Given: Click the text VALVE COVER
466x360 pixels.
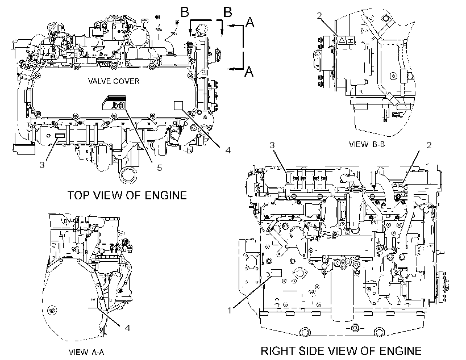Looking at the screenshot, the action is point(114,81).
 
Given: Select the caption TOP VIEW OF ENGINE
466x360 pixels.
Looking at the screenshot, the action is point(127,195).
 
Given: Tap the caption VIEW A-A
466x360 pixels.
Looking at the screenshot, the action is point(86,352).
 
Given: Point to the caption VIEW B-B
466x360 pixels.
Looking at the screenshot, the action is point(367,144).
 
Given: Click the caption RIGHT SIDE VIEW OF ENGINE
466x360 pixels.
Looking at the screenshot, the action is point(341,351).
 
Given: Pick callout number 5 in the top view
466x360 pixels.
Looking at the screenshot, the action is point(160,168).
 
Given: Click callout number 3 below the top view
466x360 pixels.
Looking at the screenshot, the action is point(42,165).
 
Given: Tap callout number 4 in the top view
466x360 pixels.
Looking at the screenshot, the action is point(228,150).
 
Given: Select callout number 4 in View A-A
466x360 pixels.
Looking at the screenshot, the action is point(127,328).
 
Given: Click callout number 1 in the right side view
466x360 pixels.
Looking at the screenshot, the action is point(230,311).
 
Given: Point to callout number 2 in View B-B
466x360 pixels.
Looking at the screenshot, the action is point(319,15).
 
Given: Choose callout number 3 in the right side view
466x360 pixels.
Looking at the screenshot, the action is point(272,145).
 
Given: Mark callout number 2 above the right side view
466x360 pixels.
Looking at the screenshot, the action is point(429,145).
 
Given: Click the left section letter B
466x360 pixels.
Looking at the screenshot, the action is point(185,12).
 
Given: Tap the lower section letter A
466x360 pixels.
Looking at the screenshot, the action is point(249,72).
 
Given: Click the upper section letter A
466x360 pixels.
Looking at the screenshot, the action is point(250,22).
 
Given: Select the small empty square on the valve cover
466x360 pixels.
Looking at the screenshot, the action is point(178,106).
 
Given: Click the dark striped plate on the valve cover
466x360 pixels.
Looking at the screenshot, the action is point(114,103).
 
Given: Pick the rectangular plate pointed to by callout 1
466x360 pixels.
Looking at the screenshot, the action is point(276,273).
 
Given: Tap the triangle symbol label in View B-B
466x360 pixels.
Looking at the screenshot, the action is point(342,40).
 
